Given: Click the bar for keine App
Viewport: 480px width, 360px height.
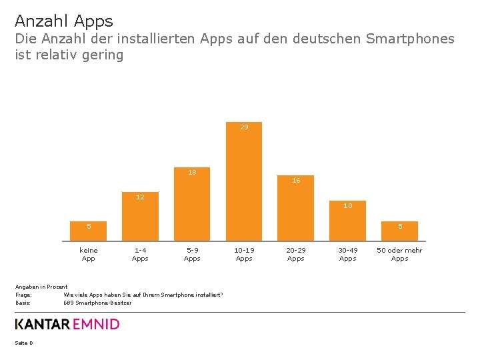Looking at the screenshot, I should [88, 231].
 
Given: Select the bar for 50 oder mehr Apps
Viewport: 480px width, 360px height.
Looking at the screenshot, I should [400, 231].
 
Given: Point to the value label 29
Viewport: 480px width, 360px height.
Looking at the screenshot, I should [244, 127].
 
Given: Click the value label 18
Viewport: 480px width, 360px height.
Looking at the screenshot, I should [192, 172].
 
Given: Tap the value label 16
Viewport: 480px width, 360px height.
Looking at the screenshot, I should [296, 181].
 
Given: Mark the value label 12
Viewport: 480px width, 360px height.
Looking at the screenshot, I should [140, 197].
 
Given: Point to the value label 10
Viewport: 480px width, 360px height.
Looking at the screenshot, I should [348, 206].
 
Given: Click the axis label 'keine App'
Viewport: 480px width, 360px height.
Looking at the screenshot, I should [88, 254].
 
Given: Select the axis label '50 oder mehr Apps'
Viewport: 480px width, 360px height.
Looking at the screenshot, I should [399, 254].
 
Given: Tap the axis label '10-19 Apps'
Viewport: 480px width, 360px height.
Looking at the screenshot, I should [244, 254].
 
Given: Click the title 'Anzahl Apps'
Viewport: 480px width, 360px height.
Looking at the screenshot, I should [64, 21].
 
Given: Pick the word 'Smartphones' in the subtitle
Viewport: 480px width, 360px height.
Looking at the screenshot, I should [410, 39].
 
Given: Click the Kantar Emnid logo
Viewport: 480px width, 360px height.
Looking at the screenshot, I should [67, 325].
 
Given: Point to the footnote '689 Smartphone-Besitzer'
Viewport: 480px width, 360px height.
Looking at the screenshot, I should [97, 303].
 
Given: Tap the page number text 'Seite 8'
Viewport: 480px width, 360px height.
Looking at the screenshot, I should [23, 343].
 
